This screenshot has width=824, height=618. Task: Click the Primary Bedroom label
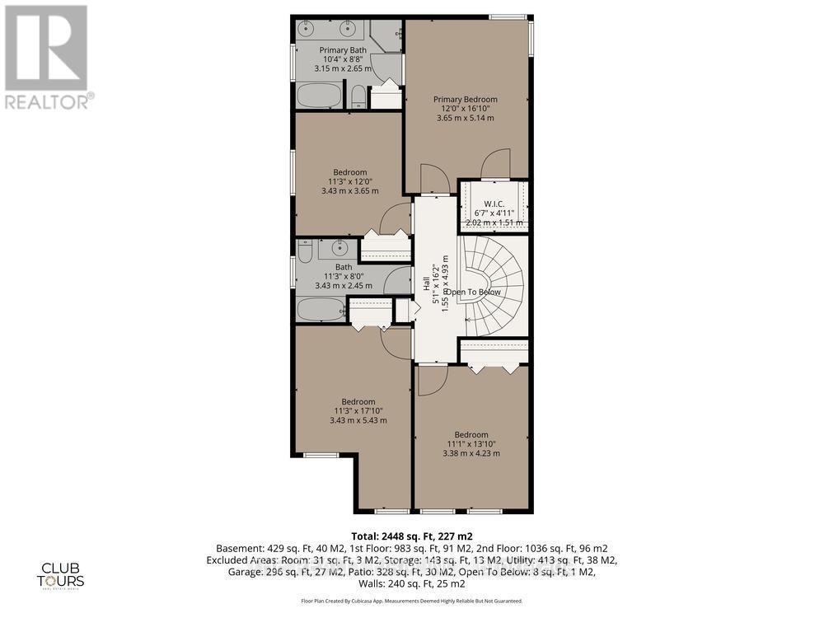[466, 100]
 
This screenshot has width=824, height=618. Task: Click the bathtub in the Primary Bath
[318, 96]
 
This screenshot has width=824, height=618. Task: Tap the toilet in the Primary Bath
[358, 97]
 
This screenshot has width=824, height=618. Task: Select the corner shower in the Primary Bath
[385, 36]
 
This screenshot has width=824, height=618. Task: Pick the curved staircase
[494, 284]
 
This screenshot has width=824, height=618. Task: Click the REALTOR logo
[48, 58]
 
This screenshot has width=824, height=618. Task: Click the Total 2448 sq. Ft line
[412, 536]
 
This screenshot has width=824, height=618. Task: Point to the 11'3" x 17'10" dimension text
[358, 411]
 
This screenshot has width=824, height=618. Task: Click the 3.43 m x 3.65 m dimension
[350, 191]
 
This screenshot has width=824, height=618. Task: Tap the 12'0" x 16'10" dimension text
[466, 109]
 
